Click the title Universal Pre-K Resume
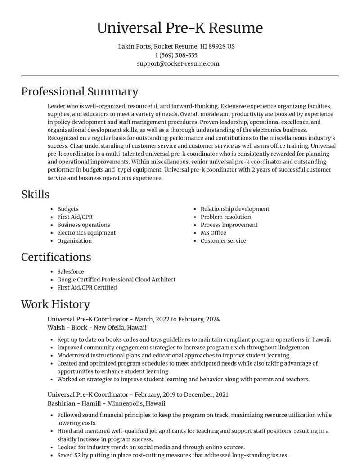(180, 28)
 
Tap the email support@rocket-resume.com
(178, 63)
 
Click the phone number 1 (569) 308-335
(176, 55)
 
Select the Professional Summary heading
(80, 91)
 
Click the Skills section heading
(35, 194)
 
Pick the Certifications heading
(56, 257)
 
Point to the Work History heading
(55, 304)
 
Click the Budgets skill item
(67, 209)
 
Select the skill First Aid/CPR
(75, 217)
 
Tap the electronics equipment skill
(86, 233)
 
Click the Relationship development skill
(235, 209)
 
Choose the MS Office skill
(213, 233)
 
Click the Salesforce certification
(70, 271)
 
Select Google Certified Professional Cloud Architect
(116, 280)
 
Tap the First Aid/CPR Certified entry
(87, 287)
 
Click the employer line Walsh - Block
(67, 327)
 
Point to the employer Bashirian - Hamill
(75, 403)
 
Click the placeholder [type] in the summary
(124, 170)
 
